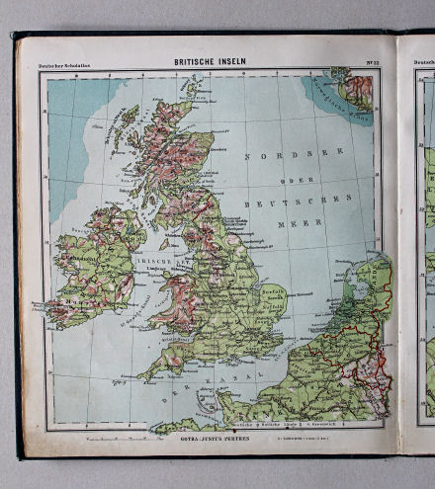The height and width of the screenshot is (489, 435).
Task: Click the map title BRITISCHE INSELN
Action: tap(210, 61)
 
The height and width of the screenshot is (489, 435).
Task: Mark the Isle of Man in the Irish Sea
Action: tap(162, 241)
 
